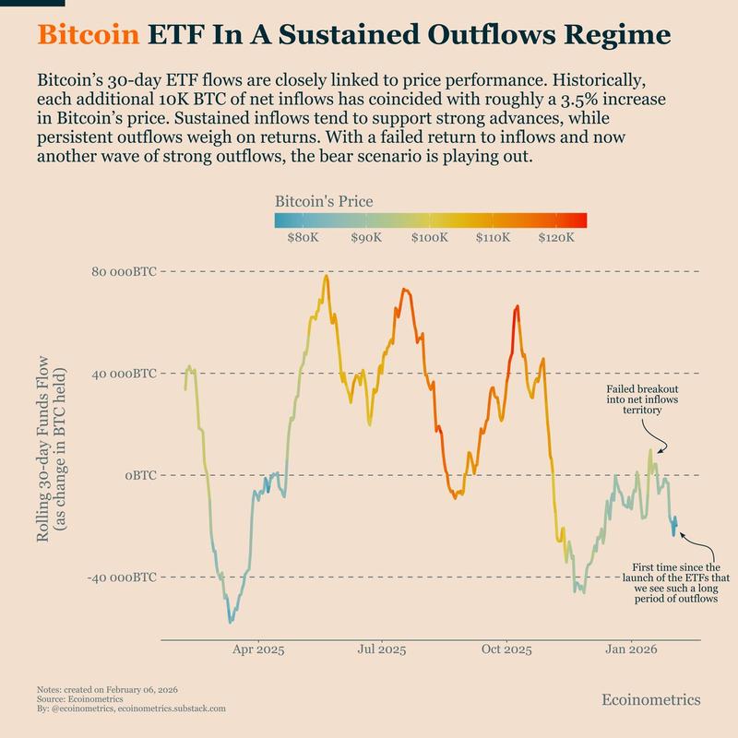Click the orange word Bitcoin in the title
pos(89,35)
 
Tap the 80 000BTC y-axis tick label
pos(123,272)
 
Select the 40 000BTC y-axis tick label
pos(123,374)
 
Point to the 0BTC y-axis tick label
pos(140,475)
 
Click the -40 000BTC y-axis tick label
pos(121,577)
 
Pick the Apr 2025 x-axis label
pos(257,649)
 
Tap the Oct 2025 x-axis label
pos(506,649)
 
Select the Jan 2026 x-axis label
pos(631,649)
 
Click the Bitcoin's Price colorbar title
pos(324,201)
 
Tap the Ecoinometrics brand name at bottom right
pos(650,699)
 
